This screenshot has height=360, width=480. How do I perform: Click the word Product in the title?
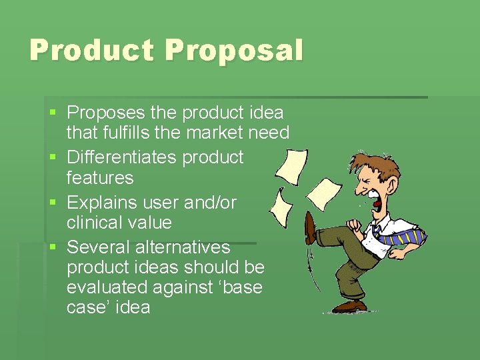(91, 50)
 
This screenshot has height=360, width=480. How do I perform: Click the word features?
(100, 177)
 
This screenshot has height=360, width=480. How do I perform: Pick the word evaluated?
(107, 287)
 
